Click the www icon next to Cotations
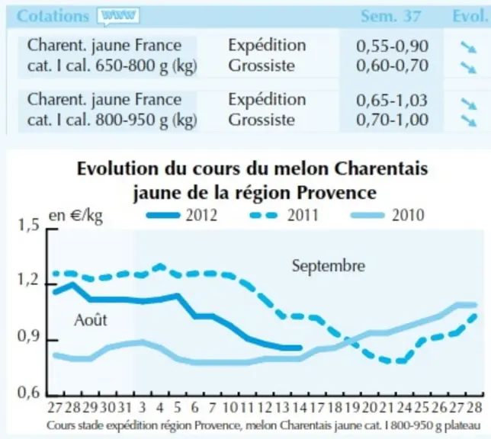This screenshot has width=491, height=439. coord(118,16)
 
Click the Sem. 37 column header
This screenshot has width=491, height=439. coord(391,16)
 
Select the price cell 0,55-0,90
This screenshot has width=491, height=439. coord(392,46)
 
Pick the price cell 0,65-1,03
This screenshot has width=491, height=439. coord(392,100)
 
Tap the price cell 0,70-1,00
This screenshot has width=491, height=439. coord(392,120)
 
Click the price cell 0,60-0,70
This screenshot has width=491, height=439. coord(392,66)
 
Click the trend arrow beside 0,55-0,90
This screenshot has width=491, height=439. coord(468,48)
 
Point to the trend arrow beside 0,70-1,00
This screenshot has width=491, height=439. coord(468,121)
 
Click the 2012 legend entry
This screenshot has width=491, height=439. coord(181,216)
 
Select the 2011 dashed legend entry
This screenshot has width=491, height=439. coord(284,216)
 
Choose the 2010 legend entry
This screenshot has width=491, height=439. coord(387,216)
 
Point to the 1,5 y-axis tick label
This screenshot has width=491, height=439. coord(28,225)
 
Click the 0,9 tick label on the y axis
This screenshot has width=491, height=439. coord(28,337)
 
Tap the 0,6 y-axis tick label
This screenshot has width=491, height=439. coord(28,393)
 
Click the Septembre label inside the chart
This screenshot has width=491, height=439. coord(329,267)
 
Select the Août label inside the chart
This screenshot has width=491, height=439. coord(91,320)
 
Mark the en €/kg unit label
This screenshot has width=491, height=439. coord(75,216)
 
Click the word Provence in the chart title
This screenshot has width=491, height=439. coord(337,192)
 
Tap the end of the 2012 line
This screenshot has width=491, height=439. coord(300,348)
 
